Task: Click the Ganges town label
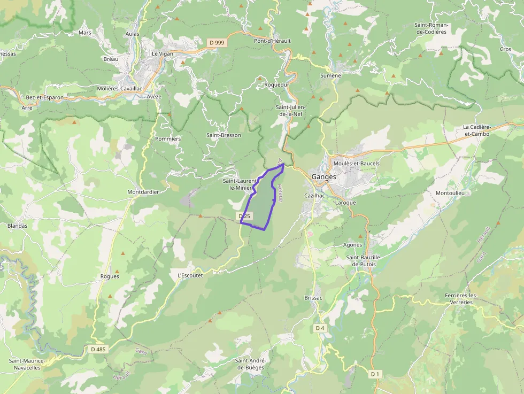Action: tap(323, 176)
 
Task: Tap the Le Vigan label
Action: tap(163, 53)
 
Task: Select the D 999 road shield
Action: tap(216, 42)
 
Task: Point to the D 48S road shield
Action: tap(99, 349)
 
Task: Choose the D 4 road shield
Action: tap(320, 328)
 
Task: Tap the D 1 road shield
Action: tap(375, 374)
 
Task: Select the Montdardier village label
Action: tap(143, 192)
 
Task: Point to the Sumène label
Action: tap(330, 76)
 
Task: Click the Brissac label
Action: tap(313, 297)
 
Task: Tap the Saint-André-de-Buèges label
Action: tap(250, 364)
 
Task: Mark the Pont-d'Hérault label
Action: tap(272, 41)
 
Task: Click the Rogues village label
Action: tap(110, 276)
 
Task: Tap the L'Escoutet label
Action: tap(190, 276)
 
